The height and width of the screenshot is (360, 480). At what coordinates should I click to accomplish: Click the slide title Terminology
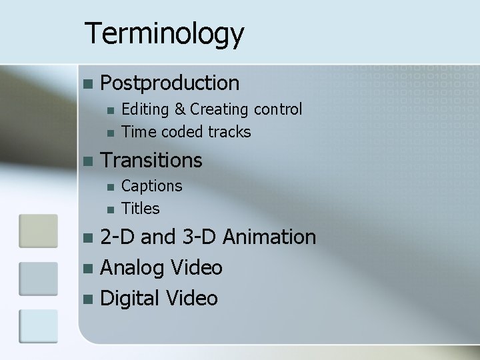coord(165,34)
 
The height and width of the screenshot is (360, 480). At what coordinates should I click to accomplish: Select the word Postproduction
coord(169,83)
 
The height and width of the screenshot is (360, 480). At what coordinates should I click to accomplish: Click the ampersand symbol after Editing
coord(181,109)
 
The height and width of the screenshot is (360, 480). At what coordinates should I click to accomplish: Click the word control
coord(276,109)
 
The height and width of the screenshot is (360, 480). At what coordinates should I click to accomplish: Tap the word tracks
coord(229,132)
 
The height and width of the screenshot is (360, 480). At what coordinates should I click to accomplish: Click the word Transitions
coord(151,161)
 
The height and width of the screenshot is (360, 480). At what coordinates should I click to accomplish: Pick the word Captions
coord(152,186)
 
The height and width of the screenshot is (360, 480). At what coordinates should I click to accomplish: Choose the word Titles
coord(141,209)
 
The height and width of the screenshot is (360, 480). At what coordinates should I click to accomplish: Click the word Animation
coord(269,237)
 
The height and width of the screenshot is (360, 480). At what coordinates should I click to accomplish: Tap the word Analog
coord(132,268)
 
